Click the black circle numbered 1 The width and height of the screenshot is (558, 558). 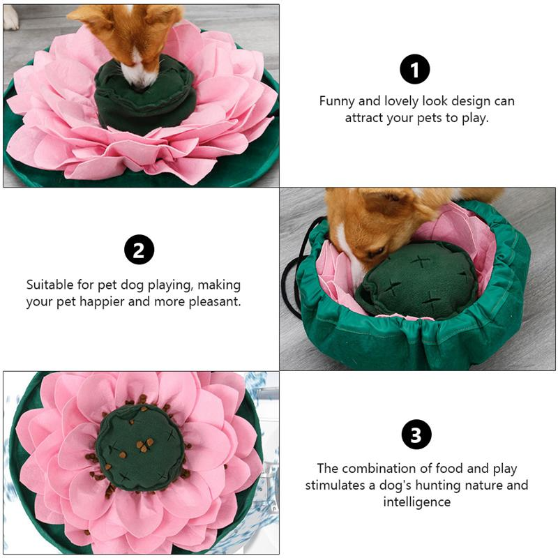coord(415,70)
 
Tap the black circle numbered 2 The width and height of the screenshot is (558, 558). coord(139,250)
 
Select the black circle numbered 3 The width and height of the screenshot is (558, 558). coord(416,436)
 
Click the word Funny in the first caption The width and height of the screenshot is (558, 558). coord(337,101)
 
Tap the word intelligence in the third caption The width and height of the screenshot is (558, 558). coord(416,502)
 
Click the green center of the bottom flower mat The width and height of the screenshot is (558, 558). coord(139,446)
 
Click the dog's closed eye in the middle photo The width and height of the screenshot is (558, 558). coord(377,249)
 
